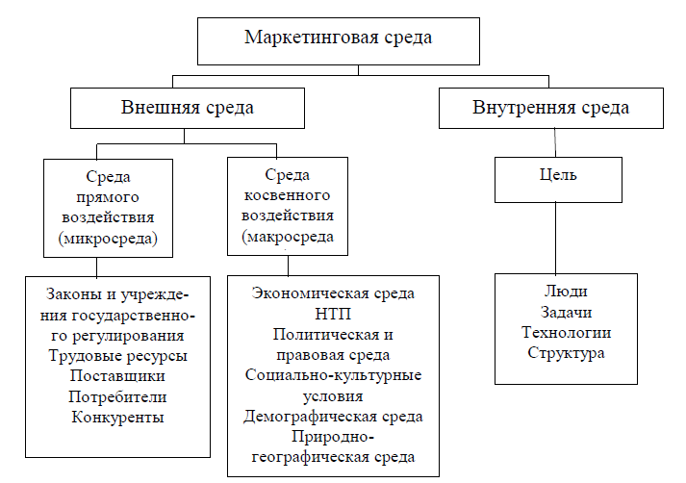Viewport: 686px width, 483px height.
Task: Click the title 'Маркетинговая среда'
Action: (x=338, y=38)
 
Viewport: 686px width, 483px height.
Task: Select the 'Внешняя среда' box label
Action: (x=188, y=108)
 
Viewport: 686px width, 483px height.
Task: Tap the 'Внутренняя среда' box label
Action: (x=550, y=108)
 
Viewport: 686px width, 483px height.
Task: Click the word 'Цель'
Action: (x=558, y=175)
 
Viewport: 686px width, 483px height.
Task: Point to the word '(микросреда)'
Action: (x=108, y=239)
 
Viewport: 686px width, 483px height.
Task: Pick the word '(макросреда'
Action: (x=288, y=237)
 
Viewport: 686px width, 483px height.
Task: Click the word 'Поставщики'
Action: (x=117, y=376)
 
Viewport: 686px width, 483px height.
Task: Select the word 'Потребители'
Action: (x=117, y=396)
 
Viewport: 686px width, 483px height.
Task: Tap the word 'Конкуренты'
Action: (x=117, y=417)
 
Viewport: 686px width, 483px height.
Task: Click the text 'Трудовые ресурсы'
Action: (x=117, y=356)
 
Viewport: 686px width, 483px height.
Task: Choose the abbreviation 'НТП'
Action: (x=333, y=314)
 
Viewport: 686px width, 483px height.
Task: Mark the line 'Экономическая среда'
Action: (x=333, y=293)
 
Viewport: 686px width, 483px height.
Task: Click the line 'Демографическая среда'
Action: (x=333, y=417)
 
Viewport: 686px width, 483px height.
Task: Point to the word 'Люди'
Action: (x=566, y=292)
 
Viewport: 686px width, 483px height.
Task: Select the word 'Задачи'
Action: (x=566, y=312)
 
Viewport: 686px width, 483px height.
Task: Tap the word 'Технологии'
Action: (x=566, y=333)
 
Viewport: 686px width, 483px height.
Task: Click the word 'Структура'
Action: (x=566, y=353)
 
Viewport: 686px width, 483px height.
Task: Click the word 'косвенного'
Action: (x=287, y=195)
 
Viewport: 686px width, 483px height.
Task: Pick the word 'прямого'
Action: (x=108, y=198)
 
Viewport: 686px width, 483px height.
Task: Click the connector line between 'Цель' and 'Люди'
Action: (x=555, y=239)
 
